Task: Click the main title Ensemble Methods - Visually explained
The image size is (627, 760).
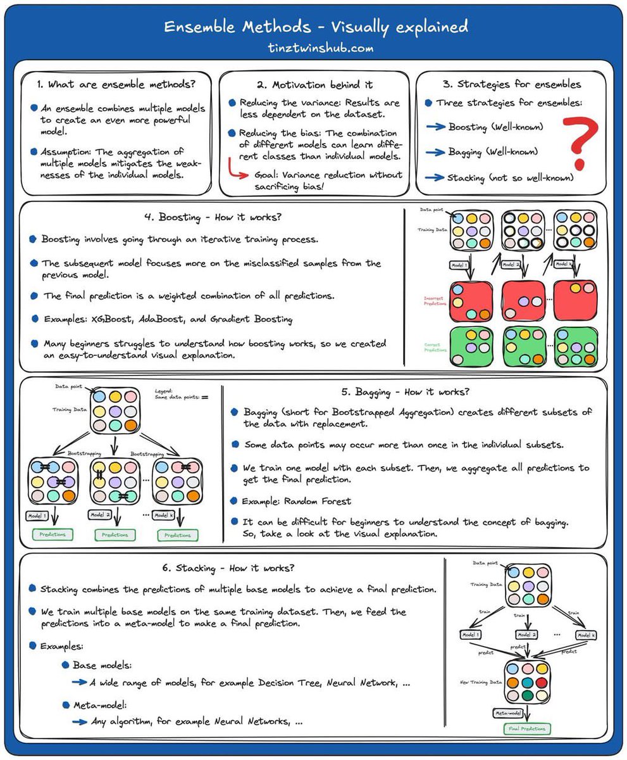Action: tap(316, 27)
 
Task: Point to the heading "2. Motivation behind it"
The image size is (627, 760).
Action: tap(314, 84)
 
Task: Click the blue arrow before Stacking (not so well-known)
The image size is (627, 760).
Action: tap(435, 178)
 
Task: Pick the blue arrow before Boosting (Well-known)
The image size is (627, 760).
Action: tap(435, 127)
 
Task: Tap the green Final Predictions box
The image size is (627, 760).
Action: tap(527, 728)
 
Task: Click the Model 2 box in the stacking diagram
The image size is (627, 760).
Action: tap(527, 635)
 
